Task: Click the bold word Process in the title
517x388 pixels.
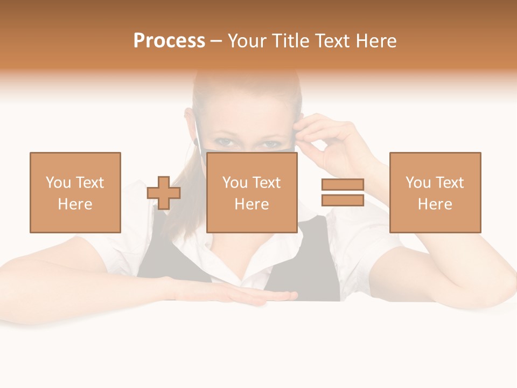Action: click(x=169, y=41)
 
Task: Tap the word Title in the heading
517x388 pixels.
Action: click(x=291, y=41)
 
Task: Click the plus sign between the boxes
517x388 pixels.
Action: click(x=164, y=193)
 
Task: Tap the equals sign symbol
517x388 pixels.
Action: click(x=343, y=192)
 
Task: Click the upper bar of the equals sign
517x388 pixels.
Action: click(x=343, y=185)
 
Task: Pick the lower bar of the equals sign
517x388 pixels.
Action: click(x=343, y=200)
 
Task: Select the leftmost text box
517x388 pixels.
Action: click(x=75, y=192)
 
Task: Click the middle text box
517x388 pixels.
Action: click(x=252, y=192)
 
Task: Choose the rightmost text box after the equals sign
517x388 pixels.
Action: click(x=435, y=192)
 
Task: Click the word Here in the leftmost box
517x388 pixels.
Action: click(x=75, y=204)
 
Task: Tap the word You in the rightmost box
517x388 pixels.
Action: click(x=418, y=183)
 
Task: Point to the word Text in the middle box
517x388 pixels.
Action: click(x=267, y=183)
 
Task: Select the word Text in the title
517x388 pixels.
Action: click(x=331, y=41)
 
